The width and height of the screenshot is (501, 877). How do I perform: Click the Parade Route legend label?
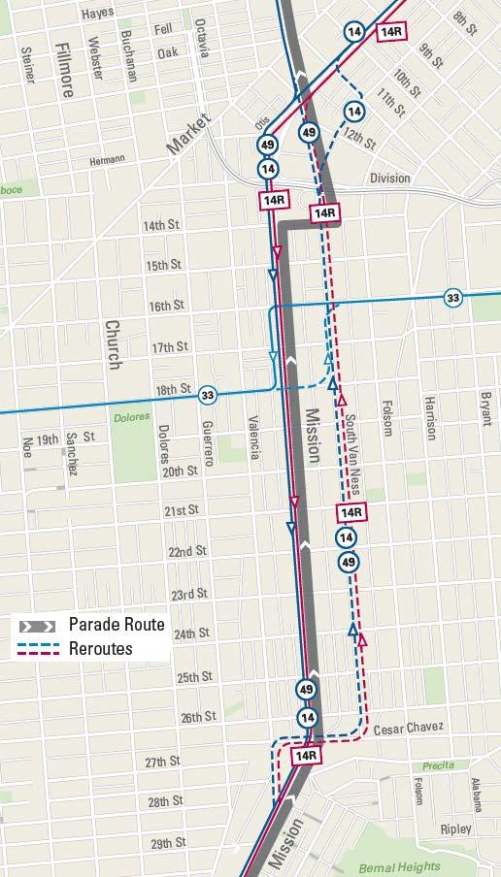pos(117,625)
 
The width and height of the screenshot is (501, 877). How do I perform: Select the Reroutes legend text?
pos(101,648)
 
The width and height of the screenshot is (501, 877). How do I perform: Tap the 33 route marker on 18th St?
pos(208,395)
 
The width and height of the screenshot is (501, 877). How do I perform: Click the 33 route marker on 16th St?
pos(452,297)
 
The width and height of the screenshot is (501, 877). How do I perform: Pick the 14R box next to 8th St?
pos(391,31)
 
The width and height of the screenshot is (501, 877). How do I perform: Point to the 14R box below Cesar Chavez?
pos(306,755)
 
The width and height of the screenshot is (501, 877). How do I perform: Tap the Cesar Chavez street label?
pos(408,728)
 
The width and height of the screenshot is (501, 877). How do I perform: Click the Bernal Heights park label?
pos(399,866)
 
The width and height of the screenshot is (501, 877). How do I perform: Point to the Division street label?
pos(389,179)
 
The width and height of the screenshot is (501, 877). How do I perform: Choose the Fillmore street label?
pos(65,70)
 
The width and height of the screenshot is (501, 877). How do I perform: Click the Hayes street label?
pos(97,14)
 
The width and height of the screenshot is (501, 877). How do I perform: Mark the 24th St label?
pos(191,634)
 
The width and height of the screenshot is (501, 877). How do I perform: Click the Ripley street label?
pos(455,829)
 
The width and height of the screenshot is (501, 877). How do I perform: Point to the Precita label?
pos(438,765)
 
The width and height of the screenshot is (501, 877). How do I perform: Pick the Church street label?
pos(113,344)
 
